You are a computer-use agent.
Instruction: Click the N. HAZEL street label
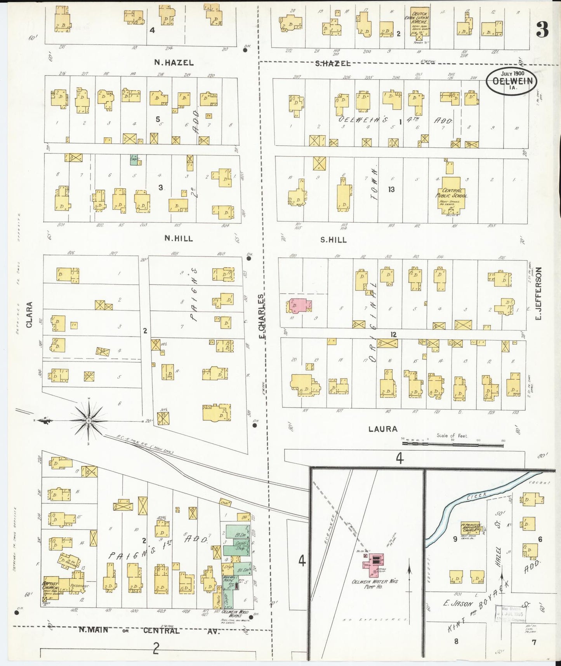click(174, 62)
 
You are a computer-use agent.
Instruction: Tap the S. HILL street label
click(333, 240)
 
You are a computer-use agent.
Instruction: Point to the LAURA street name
click(383, 429)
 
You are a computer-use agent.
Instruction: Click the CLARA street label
click(30, 315)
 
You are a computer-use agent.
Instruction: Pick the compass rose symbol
click(89, 421)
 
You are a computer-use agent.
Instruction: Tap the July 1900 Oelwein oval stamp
click(512, 80)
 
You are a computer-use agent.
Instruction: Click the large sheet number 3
click(542, 30)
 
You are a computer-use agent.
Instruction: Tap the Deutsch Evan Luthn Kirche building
click(419, 23)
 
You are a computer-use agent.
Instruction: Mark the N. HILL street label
click(179, 238)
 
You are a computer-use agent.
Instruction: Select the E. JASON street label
click(458, 604)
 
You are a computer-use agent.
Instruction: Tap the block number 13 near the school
click(391, 189)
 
